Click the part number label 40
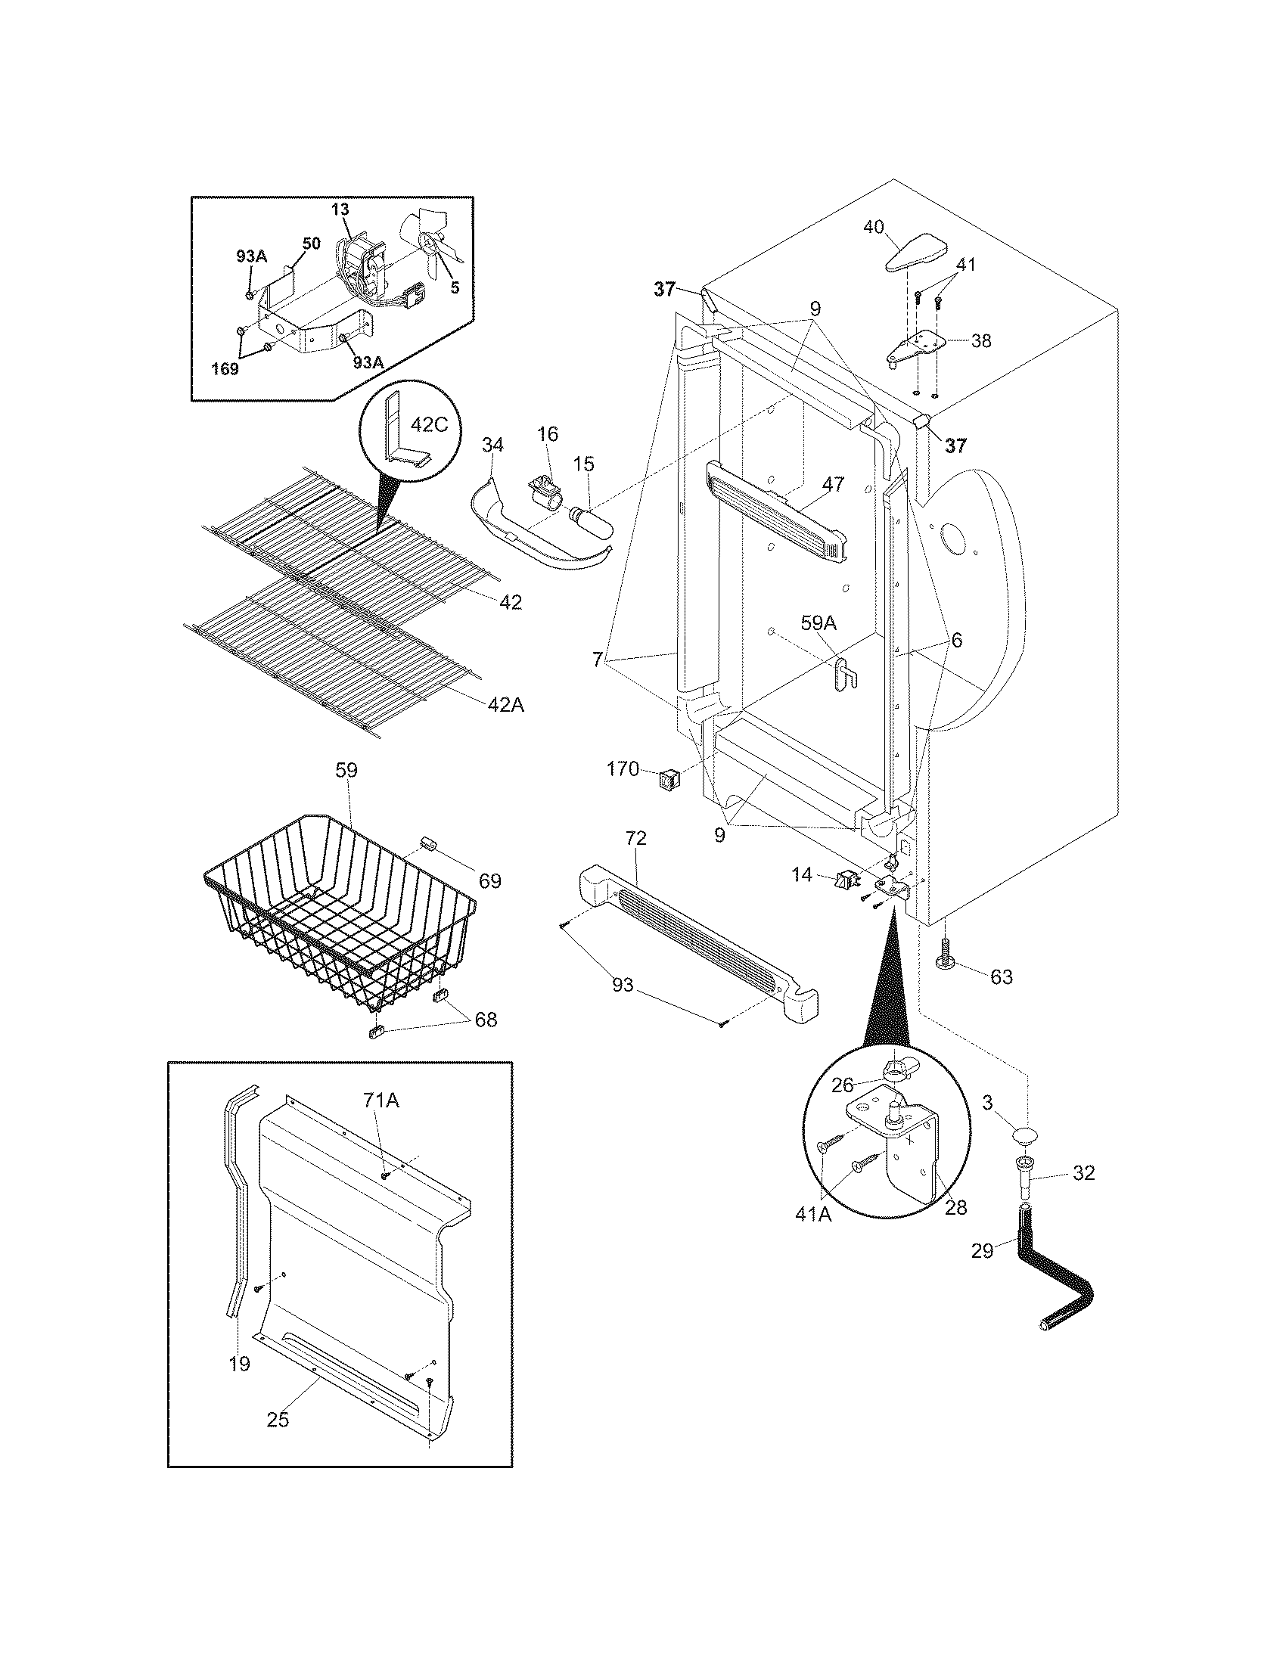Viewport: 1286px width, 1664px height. (x=873, y=227)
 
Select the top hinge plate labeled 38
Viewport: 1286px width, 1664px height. (x=918, y=346)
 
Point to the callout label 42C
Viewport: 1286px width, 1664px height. (x=429, y=424)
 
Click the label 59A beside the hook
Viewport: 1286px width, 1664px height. (x=819, y=623)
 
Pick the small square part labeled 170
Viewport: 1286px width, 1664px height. (x=668, y=778)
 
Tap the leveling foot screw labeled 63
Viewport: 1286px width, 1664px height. (x=945, y=955)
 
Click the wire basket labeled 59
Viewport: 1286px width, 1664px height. (x=335, y=914)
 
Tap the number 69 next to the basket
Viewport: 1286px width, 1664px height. (x=490, y=880)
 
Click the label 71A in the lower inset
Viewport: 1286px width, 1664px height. (x=381, y=1100)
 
